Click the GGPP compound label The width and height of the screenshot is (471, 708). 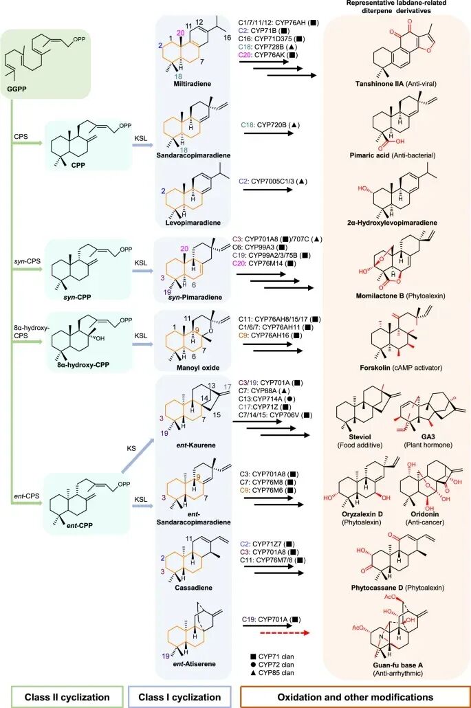coord(17,89)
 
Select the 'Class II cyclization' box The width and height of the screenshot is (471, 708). coord(67,697)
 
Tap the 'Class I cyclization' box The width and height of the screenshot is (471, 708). coord(179,697)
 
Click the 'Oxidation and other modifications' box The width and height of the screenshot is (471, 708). coord(355,697)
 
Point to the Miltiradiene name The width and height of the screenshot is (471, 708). coord(193,84)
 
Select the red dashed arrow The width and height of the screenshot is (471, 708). coord(285,633)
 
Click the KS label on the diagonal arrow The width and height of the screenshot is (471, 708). coord(131,448)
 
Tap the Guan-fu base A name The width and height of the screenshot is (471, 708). coord(398,665)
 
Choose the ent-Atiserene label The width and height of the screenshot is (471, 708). coord(194,664)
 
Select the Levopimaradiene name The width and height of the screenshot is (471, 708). coord(193,223)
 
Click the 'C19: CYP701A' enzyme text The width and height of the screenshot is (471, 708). coord(265,619)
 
